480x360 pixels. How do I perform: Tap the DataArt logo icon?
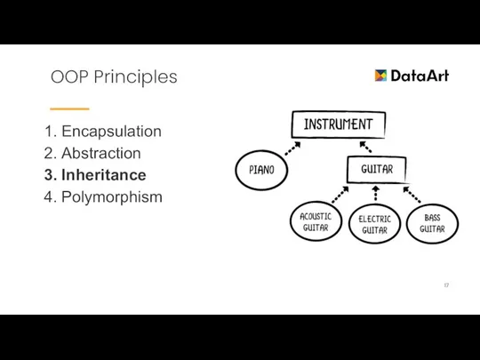click(381, 76)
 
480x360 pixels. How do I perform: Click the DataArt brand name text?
click(420, 76)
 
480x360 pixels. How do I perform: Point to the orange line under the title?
click(70, 108)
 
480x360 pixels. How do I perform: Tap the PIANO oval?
click(261, 170)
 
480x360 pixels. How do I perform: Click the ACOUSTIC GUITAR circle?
click(315, 220)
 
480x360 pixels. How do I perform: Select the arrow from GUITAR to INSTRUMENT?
click(365, 147)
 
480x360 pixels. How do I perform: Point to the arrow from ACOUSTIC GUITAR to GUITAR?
click(340, 194)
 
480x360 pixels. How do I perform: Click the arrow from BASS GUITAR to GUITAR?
click(412, 193)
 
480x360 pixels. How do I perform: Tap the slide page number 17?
click(446, 284)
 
